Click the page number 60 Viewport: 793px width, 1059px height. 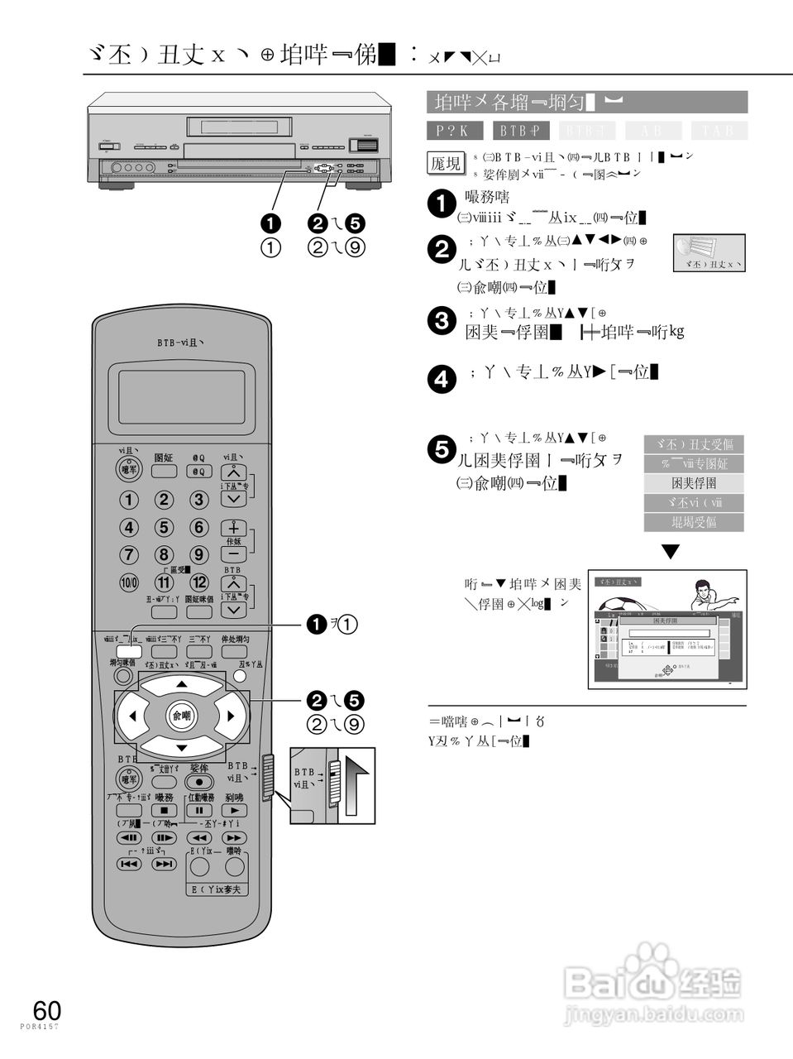(x=46, y=1010)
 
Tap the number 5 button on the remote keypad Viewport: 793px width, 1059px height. (x=165, y=528)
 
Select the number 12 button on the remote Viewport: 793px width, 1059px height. (x=199, y=582)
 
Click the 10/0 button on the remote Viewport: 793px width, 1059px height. (x=130, y=582)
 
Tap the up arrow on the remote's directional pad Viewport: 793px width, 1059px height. (x=182, y=685)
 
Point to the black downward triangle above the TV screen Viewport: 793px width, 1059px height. (x=671, y=552)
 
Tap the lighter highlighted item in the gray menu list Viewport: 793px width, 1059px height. (x=694, y=483)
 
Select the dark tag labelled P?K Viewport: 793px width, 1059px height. (x=455, y=131)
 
